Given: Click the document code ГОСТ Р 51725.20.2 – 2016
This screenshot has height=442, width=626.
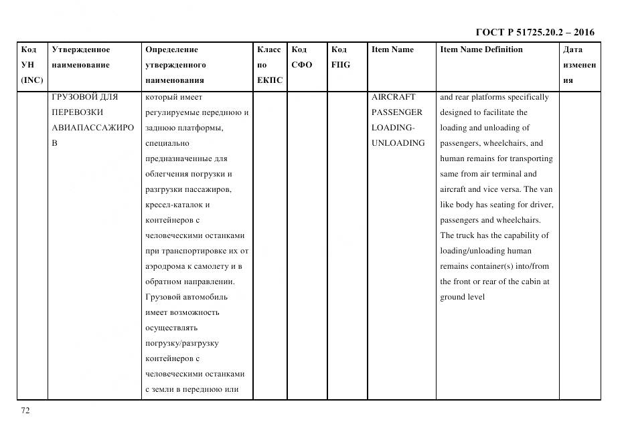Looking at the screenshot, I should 534,32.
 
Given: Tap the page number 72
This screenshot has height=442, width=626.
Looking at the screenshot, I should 25,411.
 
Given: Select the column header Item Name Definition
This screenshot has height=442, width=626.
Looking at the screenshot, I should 481,49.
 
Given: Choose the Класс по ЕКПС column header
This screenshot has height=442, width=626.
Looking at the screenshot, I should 269,65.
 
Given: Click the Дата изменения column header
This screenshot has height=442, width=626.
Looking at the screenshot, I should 579,65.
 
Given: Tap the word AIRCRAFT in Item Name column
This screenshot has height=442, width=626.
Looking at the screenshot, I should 393,97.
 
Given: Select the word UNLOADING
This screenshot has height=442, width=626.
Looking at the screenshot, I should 398,143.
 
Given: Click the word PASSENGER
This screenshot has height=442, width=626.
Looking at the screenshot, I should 396,112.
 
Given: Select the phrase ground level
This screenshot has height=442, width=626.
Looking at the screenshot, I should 462,297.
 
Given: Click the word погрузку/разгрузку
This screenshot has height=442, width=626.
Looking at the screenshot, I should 181,343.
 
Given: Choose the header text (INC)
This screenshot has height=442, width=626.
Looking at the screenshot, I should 32,80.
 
